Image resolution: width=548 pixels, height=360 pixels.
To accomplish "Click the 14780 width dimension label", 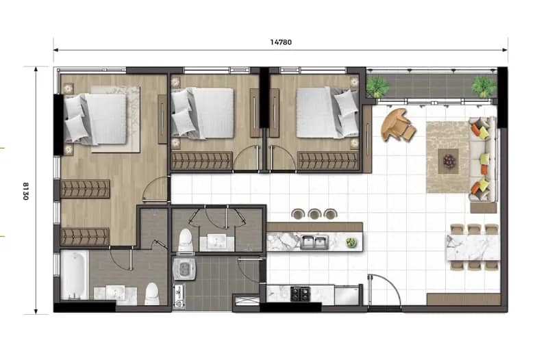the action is (281, 42).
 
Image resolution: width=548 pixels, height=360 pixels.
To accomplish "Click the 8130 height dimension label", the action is (25, 191).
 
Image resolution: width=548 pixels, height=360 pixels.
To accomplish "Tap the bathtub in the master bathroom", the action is (74, 275).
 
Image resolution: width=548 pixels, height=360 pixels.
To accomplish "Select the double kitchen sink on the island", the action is (314, 242).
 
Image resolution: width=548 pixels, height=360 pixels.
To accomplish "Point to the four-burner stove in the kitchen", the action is (300, 294).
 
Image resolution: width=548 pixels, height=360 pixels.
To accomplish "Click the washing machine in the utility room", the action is (184, 268).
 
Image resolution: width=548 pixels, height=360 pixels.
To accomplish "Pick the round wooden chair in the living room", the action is (398, 125).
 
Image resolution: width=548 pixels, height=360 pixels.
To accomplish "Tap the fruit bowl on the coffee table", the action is (449, 161).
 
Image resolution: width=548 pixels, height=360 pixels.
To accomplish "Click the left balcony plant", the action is (377, 87).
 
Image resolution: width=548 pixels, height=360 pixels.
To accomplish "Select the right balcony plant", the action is (484, 86).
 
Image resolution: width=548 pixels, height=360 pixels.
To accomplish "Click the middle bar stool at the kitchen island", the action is (314, 214).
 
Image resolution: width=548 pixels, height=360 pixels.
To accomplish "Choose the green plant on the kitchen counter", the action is (351, 242).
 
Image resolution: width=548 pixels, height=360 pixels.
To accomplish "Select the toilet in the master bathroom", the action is (151, 294).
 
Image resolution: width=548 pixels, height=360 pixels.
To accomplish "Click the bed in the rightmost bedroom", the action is (327, 112).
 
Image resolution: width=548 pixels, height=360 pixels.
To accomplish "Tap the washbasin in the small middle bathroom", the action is (216, 242).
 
